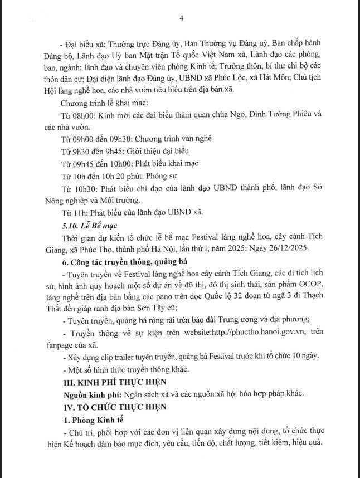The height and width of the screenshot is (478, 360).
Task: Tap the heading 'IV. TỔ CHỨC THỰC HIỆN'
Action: point(106,407)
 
